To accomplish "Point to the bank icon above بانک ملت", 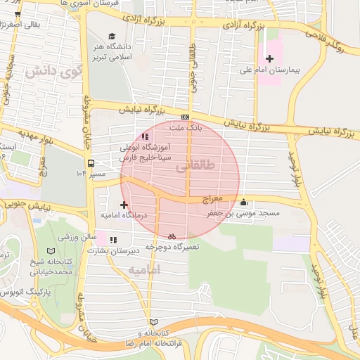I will pyautogui.click(x=185, y=117).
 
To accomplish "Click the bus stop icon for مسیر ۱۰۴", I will pyautogui.click(x=91, y=164).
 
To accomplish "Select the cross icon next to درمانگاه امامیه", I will pyautogui.click(x=124, y=205).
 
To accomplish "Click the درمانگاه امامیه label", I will pyautogui.click(x=124, y=217).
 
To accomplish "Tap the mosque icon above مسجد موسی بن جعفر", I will pyautogui.click(x=243, y=202).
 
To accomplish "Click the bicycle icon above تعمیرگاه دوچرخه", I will pyautogui.click(x=172, y=236).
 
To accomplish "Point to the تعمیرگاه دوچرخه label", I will pyautogui.click(x=173, y=247).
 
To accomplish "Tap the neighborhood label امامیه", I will pyautogui.click(x=145, y=270).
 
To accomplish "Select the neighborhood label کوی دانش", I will pyautogui.click(x=50, y=72).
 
